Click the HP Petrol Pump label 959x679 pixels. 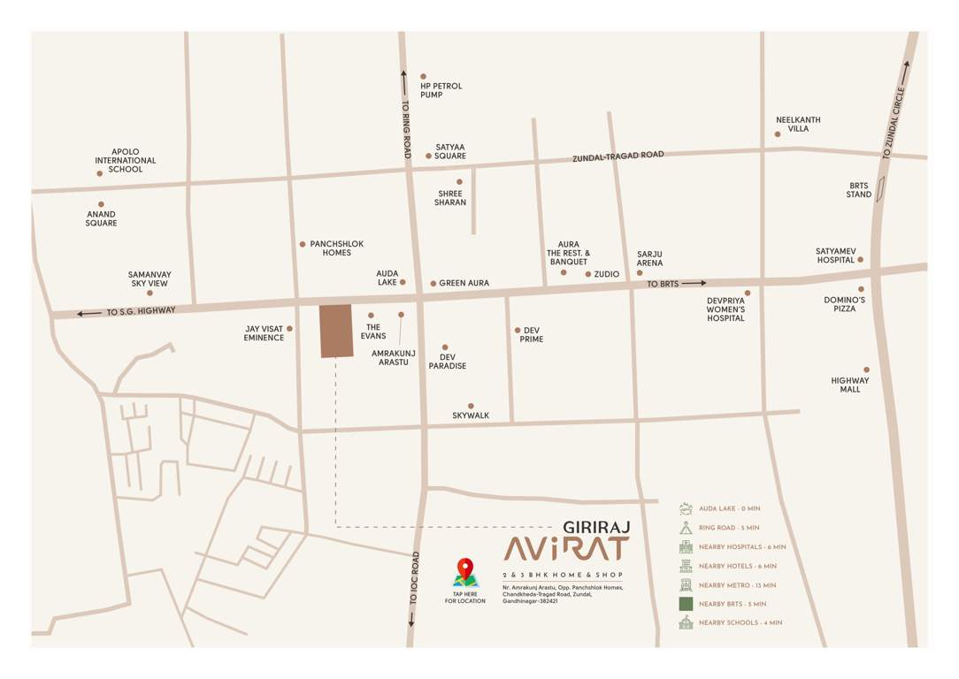point(441,90)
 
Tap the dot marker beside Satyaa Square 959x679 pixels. point(429,156)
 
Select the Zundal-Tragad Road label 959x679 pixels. point(618,156)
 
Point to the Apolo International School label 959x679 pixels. point(126,160)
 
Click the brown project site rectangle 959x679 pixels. point(335,331)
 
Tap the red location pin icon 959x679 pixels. point(464,568)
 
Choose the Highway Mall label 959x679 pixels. point(850,385)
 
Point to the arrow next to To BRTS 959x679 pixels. point(694,283)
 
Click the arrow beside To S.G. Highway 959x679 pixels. point(89,313)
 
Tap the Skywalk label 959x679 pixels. point(470,416)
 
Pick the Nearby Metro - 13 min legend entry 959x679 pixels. point(737,585)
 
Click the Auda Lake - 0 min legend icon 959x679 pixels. point(686,508)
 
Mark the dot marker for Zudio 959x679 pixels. point(587,274)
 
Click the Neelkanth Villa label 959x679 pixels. point(798,124)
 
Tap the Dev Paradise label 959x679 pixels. point(447,361)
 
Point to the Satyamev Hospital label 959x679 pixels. point(835,256)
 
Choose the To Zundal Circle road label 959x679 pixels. point(894,123)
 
